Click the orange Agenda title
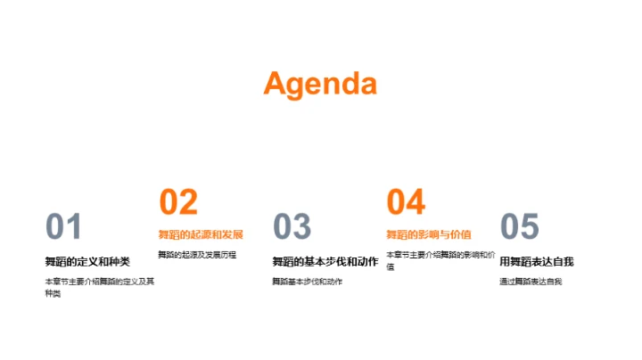point(320,84)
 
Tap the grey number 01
point(63,227)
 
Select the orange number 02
point(178,202)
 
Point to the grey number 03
point(292,227)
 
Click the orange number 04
point(406,202)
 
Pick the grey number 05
point(519,227)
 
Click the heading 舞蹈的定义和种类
point(87,261)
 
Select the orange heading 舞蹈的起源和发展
point(201,235)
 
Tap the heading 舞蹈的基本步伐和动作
point(325,261)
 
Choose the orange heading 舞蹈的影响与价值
point(428,235)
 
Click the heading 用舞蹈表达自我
point(536,261)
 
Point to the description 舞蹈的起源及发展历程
point(197,255)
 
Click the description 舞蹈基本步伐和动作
point(308,282)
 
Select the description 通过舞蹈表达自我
point(531,282)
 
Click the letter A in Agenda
point(276,84)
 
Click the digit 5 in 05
point(530,227)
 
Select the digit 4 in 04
point(416,202)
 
